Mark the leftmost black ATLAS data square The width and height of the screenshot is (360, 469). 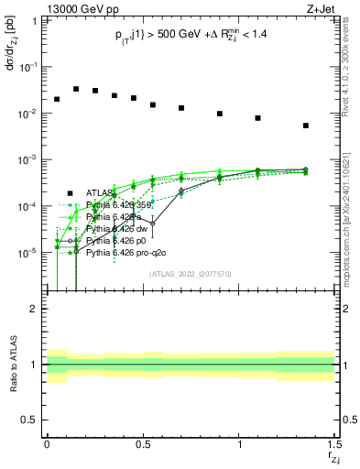click(57, 99)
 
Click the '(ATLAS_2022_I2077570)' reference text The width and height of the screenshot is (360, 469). click(190, 273)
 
